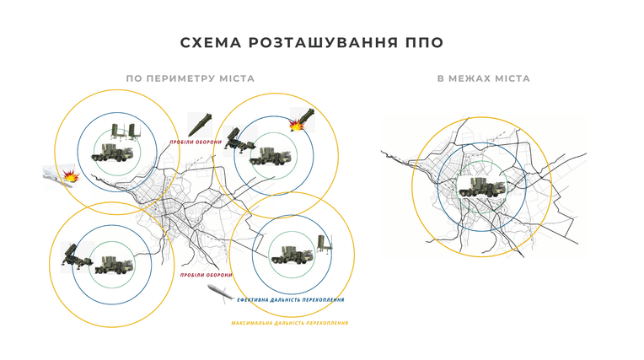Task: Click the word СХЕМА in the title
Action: pyautogui.click(x=211, y=43)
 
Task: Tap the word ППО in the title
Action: pyautogui.click(x=425, y=43)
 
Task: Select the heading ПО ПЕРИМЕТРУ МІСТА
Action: pyautogui.click(x=191, y=78)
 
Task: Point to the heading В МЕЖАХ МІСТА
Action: pyautogui.click(x=483, y=78)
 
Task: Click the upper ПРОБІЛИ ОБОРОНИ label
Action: pyautogui.click(x=196, y=142)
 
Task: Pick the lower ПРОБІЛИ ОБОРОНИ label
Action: pyautogui.click(x=207, y=275)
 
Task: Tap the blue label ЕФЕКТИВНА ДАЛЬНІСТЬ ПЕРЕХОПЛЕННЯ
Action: pyautogui.click(x=290, y=300)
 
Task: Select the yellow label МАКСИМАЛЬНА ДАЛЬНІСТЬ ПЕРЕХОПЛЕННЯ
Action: pyautogui.click(x=290, y=323)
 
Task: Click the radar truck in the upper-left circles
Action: pyautogui.click(x=112, y=152)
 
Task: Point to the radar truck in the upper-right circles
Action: pyautogui.click(x=271, y=157)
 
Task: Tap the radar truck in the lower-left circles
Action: pyautogui.click(x=114, y=265)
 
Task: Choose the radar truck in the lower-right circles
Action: pyautogui.click(x=292, y=255)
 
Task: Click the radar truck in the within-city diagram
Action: pyautogui.click(x=481, y=187)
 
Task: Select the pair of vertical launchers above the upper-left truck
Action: pyautogui.click(x=124, y=132)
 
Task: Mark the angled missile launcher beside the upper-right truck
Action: pyautogui.click(x=239, y=140)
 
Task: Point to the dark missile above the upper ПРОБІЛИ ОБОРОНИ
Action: pyautogui.click(x=200, y=125)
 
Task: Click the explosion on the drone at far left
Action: pyautogui.click(x=71, y=176)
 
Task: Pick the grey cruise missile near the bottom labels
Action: pyautogui.click(x=220, y=293)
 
